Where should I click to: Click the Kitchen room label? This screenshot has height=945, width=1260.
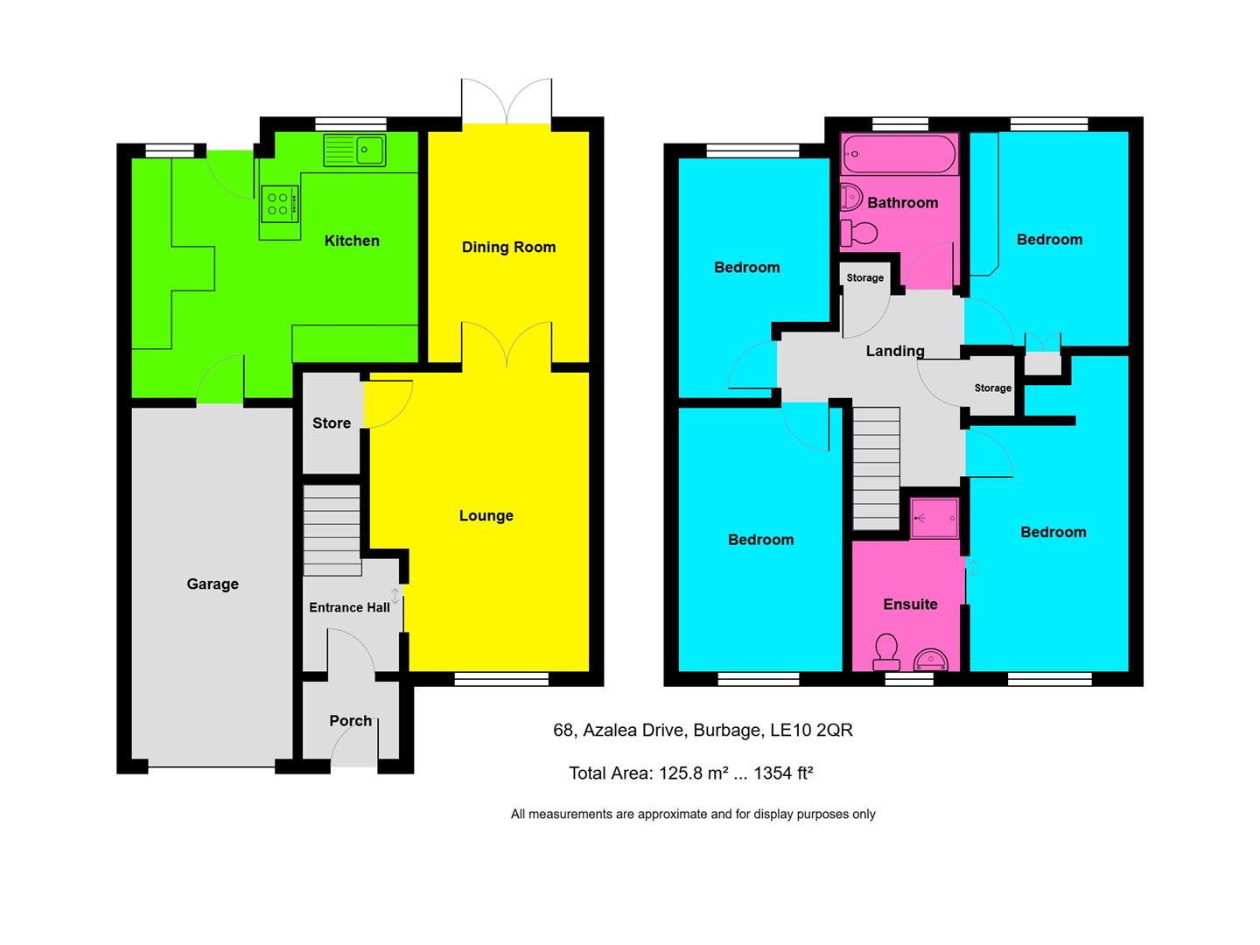tap(352, 241)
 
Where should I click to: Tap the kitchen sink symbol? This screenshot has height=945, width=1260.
tap(355, 150)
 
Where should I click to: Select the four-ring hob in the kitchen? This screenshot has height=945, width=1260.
tap(279, 205)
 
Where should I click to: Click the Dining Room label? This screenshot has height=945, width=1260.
tap(508, 247)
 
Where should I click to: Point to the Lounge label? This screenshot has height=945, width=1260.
tap(486, 515)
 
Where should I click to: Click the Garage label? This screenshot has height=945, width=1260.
tap(213, 584)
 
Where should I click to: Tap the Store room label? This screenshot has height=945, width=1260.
tap(332, 423)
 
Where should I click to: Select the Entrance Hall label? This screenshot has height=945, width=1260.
tap(349, 607)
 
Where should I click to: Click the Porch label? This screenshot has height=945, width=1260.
tap(350, 720)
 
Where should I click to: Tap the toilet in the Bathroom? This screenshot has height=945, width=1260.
tap(858, 233)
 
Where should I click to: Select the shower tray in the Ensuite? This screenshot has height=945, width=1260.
tap(934, 518)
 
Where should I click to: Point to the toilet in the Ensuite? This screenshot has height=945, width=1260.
tap(887, 650)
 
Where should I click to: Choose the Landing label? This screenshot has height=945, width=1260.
tap(894, 351)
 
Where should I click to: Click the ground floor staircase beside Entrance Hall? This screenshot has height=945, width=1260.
tap(332, 530)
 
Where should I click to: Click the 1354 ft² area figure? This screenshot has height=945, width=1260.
tap(783, 773)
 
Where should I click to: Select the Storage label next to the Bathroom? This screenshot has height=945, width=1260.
tap(864, 277)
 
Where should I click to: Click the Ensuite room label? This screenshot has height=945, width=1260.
tap(910, 604)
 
